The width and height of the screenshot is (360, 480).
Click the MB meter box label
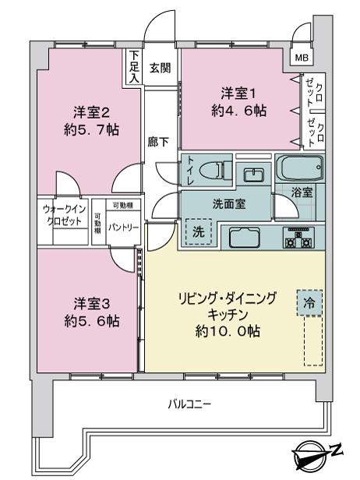pyautogui.click(x=302, y=58)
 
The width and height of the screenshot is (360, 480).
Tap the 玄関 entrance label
pyautogui.click(x=160, y=68)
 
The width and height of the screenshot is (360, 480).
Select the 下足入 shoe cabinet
pyautogui.click(x=133, y=67)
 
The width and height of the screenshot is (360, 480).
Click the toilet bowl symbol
pyautogui.click(x=215, y=169)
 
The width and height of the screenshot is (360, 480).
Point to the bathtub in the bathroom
pyautogui.click(x=300, y=168)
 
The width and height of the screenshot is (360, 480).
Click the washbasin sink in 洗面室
pyautogui.click(x=253, y=175)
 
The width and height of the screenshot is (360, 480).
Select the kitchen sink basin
pyautogui.click(x=245, y=237)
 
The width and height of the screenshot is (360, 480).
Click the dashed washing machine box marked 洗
pyautogui.click(x=199, y=231)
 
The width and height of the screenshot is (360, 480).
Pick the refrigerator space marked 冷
pyautogui.click(x=309, y=303)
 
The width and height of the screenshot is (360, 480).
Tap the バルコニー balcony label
pyautogui.click(x=189, y=404)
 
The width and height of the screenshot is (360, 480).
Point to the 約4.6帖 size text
pyautogui.click(x=238, y=111)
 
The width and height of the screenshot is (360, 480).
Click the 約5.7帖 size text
pyautogui.click(x=91, y=130)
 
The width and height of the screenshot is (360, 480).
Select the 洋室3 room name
pyautogui.click(x=92, y=304)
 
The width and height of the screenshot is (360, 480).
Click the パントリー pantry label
pyautogui.click(x=123, y=228)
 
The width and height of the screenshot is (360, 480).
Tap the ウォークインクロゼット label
pyautogui.click(x=64, y=216)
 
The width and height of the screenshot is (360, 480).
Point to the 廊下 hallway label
pyautogui.click(x=158, y=142)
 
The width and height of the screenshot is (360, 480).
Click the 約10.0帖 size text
pyautogui.click(x=228, y=331)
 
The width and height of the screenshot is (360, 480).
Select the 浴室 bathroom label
pyautogui.click(x=302, y=192)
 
